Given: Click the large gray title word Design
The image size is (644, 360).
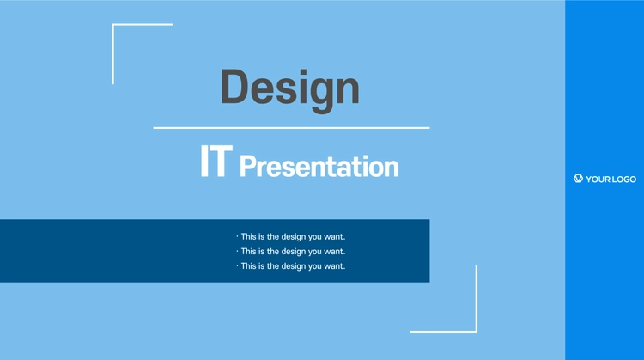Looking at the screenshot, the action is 290,89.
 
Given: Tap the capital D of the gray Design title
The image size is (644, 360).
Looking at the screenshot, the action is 234,86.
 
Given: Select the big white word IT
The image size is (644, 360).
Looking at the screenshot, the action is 216,161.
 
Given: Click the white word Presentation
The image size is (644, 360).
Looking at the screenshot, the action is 319,167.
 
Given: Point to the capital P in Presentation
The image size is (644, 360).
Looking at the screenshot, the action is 247,166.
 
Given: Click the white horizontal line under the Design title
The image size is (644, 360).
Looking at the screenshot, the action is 292,128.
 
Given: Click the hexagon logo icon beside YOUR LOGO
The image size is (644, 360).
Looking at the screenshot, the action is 578,179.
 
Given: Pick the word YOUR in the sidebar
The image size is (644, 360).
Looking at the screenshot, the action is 598,180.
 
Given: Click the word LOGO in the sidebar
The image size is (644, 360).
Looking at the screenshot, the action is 624,180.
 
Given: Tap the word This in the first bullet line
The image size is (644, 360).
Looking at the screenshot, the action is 248,237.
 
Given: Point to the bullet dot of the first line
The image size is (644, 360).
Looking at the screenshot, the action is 237,236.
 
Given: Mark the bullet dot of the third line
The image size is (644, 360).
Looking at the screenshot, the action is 237,265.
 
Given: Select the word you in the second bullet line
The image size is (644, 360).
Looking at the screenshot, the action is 315,252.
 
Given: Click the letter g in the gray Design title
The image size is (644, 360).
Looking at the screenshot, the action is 319,95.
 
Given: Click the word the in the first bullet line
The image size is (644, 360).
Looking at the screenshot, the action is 273,237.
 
